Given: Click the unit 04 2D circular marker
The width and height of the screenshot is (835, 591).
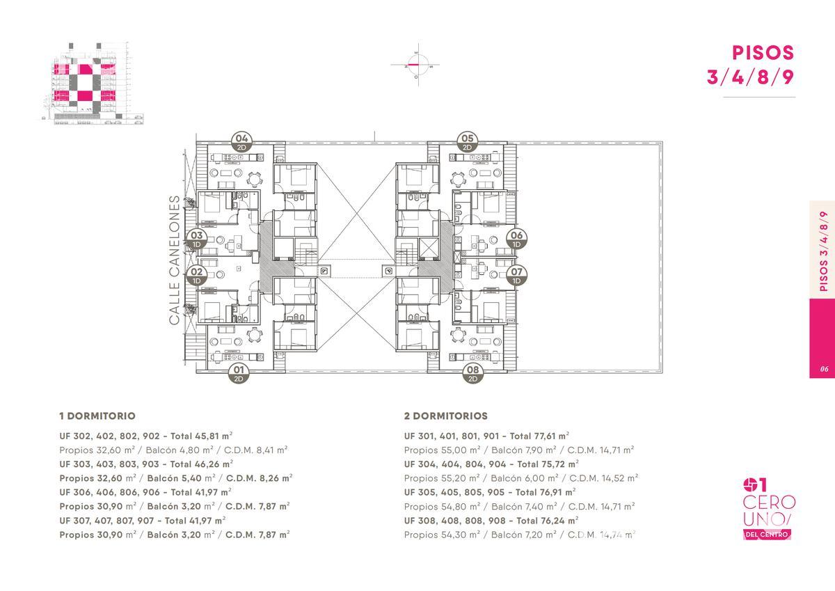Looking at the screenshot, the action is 241,142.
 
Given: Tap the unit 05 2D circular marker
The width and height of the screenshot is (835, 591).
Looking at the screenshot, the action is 468,142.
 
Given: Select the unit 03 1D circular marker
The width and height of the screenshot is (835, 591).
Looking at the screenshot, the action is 196,239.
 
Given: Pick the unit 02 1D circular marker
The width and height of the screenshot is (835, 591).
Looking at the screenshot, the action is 196,276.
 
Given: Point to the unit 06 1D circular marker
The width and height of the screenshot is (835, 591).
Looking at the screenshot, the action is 516,239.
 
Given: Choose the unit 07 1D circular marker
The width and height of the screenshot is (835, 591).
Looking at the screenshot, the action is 516,276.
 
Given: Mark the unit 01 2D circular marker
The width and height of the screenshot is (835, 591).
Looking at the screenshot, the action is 239,374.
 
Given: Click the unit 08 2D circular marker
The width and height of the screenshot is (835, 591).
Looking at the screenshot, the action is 472,374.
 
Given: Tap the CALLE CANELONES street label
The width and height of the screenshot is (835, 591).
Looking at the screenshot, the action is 175,260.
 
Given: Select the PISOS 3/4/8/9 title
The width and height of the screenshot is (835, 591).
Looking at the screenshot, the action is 750,65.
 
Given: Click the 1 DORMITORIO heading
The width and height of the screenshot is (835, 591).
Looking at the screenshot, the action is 97,416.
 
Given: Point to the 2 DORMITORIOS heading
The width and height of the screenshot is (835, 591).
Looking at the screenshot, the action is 446,416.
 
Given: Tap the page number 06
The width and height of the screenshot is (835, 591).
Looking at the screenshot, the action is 824,369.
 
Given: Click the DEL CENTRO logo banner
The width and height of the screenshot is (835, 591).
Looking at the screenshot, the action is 767,535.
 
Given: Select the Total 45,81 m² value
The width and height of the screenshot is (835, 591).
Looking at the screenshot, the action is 202,436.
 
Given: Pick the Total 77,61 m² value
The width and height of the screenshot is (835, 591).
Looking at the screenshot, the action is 539,436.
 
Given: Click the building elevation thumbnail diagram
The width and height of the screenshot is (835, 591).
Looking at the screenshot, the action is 93,83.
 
